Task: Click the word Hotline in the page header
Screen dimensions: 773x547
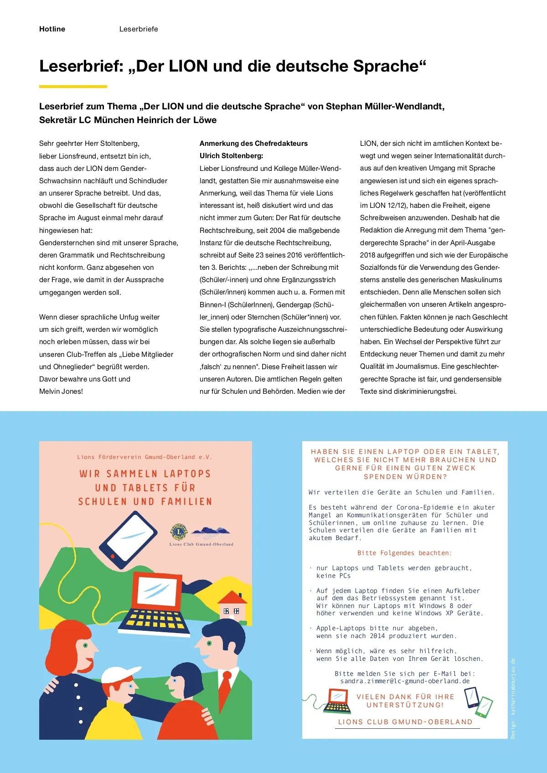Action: pos(52,29)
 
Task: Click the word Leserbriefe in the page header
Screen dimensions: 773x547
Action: pos(139,29)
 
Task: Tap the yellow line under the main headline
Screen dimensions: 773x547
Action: pos(73,86)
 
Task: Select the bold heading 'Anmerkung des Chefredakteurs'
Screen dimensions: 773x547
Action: pos(253,144)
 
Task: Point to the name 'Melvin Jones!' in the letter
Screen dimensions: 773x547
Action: pos(61,392)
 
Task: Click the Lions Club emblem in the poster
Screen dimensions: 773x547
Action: pos(179,531)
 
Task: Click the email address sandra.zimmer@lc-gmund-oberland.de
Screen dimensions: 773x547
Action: pos(405,681)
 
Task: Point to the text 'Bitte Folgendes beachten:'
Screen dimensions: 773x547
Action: pos(404,553)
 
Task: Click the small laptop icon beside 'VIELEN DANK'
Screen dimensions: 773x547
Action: pos(338,702)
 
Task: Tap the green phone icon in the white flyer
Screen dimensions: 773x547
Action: pos(484,707)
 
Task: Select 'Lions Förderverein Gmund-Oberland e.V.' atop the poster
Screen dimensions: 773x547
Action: pos(144,457)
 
